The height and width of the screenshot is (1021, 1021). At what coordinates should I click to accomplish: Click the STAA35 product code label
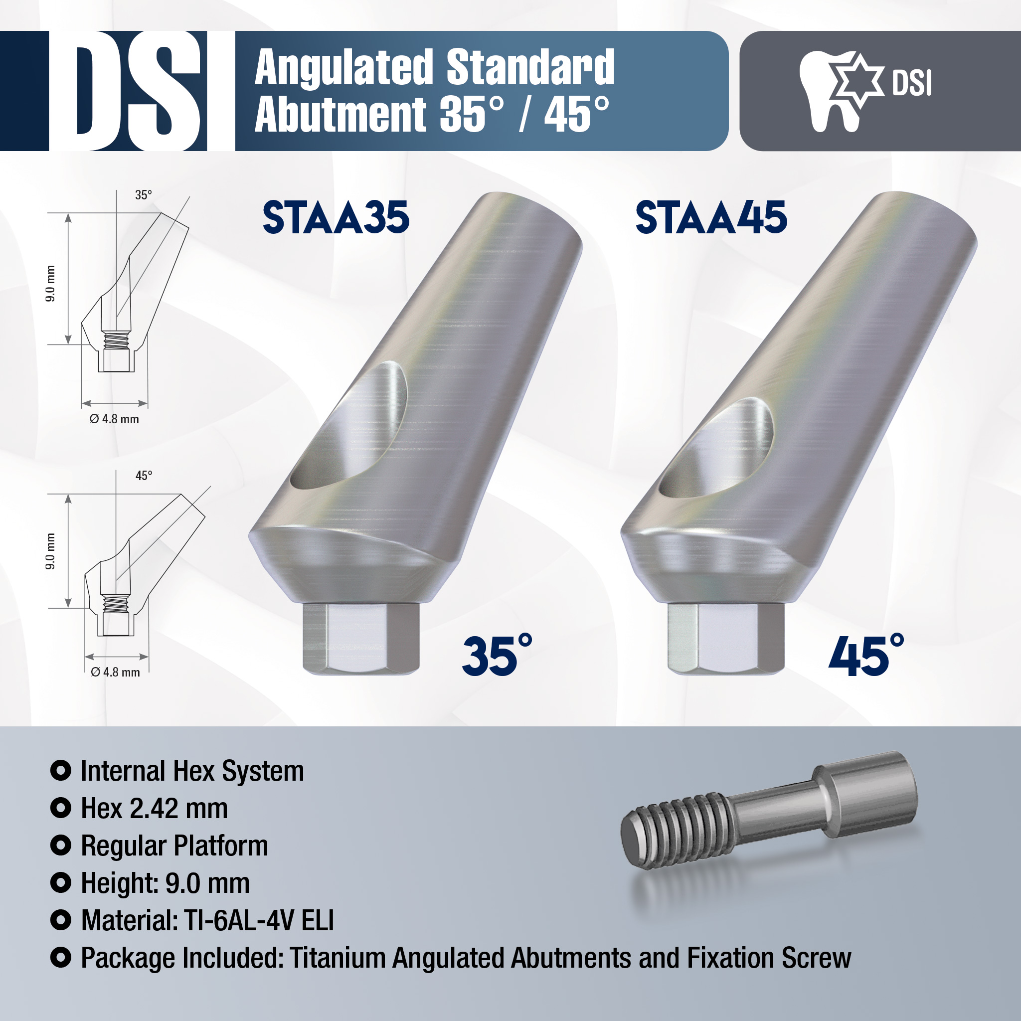point(336,217)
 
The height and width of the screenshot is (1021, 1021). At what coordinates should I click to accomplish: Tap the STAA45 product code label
point(711,217)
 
